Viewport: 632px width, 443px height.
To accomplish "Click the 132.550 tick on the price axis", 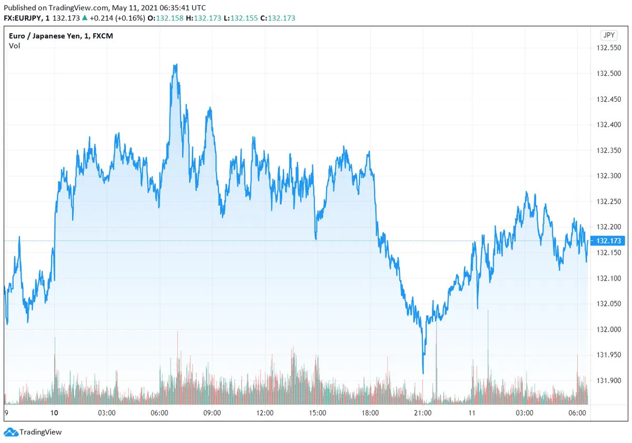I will pyautogui.click(x=608, y=48).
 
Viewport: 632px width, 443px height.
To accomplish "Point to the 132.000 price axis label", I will pyautogui.click(x=608, y=329).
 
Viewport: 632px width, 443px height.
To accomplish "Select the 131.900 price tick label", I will pyautogui.click(x=608, y=380).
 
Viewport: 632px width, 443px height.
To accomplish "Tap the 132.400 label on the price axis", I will pyautogui.click(x=608, y=124).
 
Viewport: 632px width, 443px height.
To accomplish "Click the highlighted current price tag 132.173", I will pyautogui.click(x=608, y=241).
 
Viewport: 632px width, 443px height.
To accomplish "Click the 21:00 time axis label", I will pyautogui.click(x=423, y=413).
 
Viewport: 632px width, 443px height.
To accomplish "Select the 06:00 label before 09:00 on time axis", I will pyautogui.click(x=160, y=413).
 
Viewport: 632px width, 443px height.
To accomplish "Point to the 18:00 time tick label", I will pyautogui.click(x=370, y=413).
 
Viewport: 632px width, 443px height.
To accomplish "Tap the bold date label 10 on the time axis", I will pyautogui.click(x=54, y=413).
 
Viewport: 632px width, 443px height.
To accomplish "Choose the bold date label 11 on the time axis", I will pyautogui.click(x=472, y=413).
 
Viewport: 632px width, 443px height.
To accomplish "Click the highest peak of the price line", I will pyautogui.click(x=176, y=64).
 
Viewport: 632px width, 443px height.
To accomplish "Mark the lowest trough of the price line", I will pyautogui.click(x=423, y=373).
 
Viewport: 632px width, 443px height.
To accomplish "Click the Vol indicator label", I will pyautogui.click(x=14, y=46).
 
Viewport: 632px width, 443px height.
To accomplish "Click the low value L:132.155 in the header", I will pyautogui.click(x=245, y=18).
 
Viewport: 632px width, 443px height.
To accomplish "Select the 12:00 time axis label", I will pyautogui.click(x=265, y=413).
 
